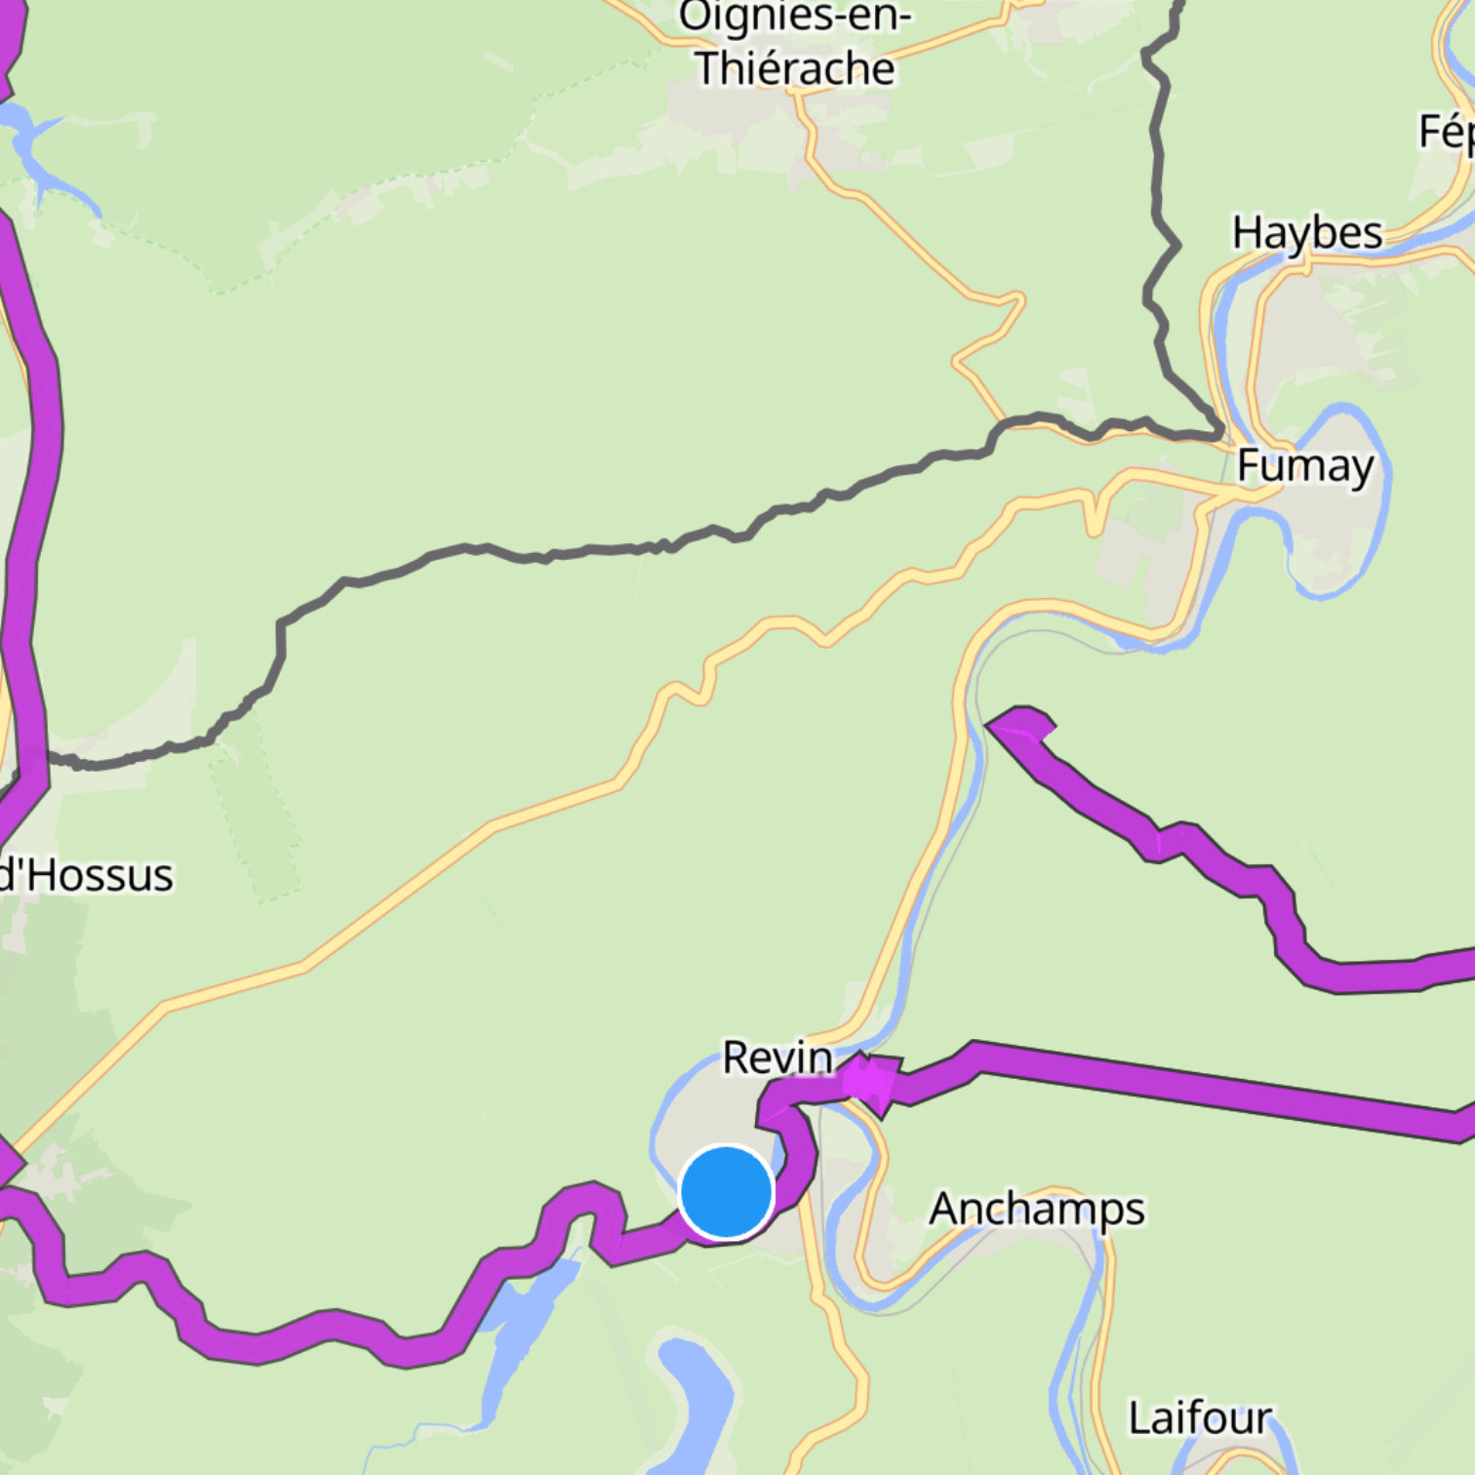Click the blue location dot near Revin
click(726, 1192)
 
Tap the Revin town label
click(777, 1057)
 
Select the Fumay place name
click(1305, 466)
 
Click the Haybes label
click(1307, 234)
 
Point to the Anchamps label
click(1036, 1210)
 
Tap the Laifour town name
click(1200, 1417)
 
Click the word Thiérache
click(795, 68)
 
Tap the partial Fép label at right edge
click(1446, 132)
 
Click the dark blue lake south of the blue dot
click(698, 1395)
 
